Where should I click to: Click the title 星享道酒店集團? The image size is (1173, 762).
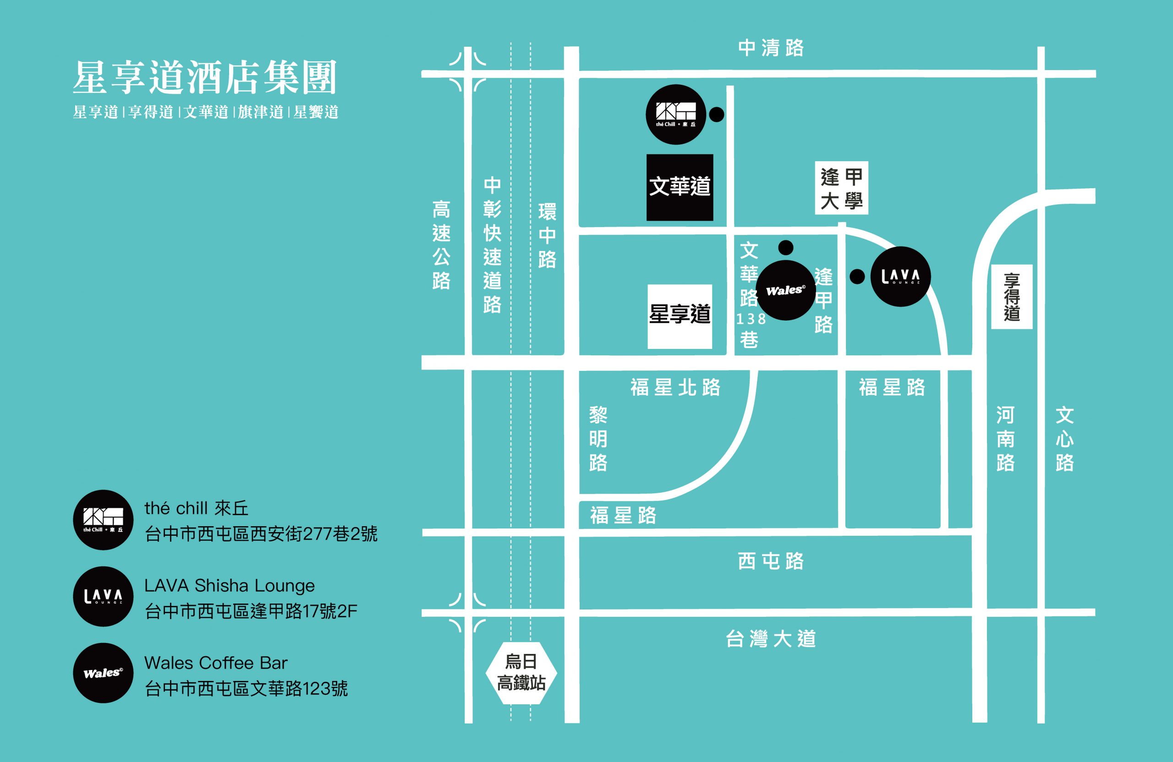(204, 77)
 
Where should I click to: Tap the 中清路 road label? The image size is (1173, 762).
(771, 48)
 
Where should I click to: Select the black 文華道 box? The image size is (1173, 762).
(680, 187)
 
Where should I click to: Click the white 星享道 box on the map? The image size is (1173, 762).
(680, 316)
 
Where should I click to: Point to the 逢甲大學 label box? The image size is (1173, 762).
(841, 188)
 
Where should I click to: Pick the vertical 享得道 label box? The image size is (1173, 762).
(1012, 297)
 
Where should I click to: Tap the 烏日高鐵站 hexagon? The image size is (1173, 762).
(521, 673)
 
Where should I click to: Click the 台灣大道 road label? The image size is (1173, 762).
(771, 639)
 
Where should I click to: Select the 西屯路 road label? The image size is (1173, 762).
(771, 561)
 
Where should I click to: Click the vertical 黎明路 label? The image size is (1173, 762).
(598, 439)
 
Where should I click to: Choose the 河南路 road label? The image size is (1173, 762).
(1005, 439)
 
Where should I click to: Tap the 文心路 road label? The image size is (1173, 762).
(1064, 439)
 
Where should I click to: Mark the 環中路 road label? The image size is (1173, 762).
(547, 235)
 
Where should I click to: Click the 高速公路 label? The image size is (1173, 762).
(441, 245)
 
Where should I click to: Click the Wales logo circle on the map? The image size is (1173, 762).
(786, 290)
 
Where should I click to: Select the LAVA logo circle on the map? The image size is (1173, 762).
(900, 276)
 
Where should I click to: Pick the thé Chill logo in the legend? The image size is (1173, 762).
(103, 520)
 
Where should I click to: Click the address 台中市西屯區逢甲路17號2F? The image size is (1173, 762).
(251, 611)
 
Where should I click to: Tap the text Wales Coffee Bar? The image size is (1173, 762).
(216, 663)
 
